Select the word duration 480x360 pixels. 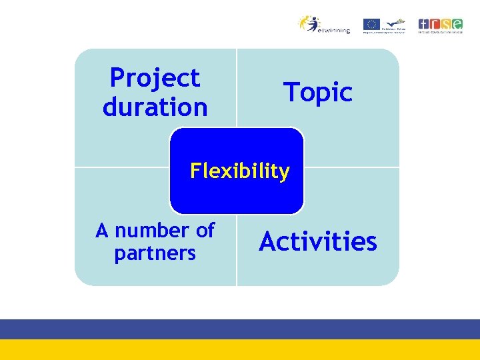155,107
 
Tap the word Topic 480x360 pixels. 318,93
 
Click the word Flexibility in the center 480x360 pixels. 239,171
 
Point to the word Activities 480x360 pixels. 318,241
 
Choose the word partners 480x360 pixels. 155,254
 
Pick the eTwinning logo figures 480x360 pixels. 311,23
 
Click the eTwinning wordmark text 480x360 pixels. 334,31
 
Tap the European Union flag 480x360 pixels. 371,24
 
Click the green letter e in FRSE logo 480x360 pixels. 459,23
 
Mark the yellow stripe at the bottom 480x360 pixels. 240,350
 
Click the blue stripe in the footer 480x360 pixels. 240,329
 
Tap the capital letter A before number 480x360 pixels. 102,231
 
